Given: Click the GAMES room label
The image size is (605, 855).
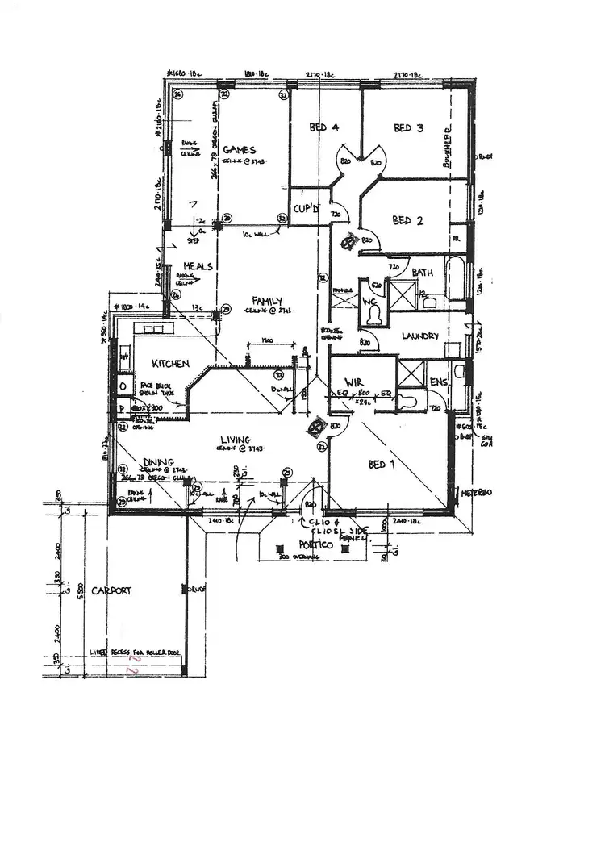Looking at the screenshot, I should tap(239, 150).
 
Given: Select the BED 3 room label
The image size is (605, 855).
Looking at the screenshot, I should tap(408, 127).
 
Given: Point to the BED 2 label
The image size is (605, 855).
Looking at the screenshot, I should tap(407, 220).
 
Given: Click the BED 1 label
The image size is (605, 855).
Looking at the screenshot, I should tap(382, 465).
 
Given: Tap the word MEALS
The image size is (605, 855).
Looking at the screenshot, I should tap(197, 266).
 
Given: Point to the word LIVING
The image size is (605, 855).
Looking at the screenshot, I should tap(239, 440).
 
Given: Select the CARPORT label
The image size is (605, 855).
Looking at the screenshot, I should tap(111, 590).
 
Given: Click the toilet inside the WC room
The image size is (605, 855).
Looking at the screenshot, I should tap(372, 317).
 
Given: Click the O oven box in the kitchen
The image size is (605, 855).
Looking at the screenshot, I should tap(122, 386).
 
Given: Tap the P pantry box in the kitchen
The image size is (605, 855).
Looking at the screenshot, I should tap(122, 409).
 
